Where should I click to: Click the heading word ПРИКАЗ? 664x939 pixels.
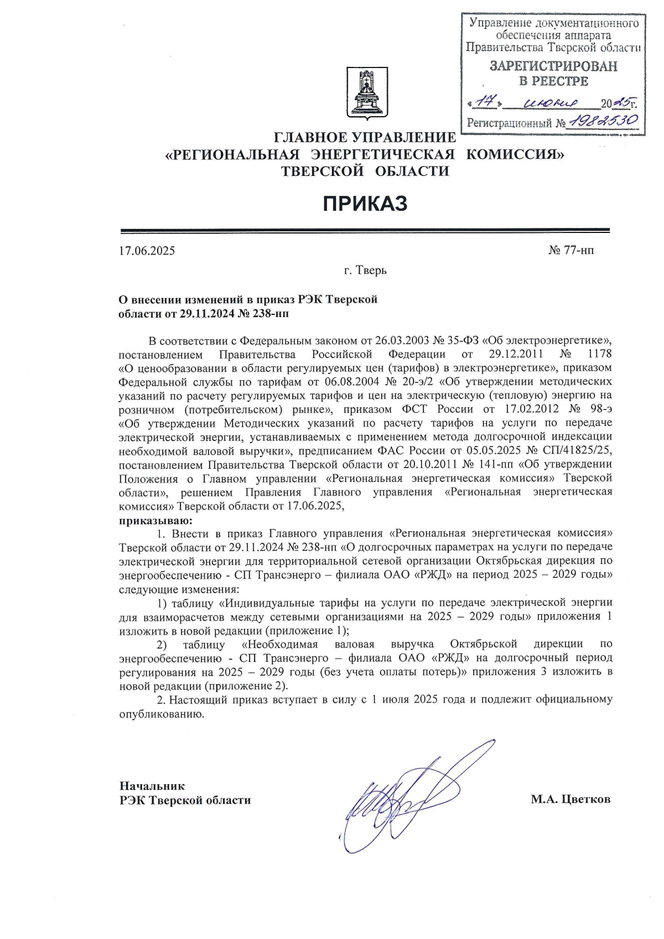365,204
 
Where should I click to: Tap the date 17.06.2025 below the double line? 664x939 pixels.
147,251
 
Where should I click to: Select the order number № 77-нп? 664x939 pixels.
572,251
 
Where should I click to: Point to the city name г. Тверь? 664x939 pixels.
365,271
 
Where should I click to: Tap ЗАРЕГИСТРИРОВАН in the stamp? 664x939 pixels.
553,66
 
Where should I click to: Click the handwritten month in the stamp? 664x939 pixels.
551,103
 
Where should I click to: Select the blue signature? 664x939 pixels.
409,797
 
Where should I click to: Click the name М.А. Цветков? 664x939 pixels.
570,799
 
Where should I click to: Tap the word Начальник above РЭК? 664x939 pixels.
152,786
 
